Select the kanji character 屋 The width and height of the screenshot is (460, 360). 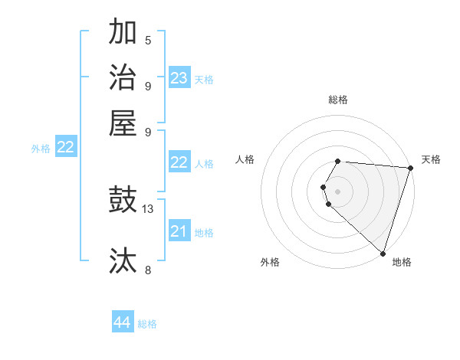click(123, 122)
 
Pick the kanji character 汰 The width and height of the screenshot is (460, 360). click(123, 260)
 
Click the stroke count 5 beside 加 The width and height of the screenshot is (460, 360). click(148, 40)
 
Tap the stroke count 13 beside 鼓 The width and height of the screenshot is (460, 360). click(148, 208)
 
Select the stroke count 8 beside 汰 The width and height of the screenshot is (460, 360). click(148, 270)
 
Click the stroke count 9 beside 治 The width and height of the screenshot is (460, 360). click(148, 86)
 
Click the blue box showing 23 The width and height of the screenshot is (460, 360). click(179, 77)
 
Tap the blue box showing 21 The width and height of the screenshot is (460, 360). click(179, 231)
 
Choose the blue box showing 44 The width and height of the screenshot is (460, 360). click(123, 322)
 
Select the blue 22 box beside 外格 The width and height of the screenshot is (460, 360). click(65, 147)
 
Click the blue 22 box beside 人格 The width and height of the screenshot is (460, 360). click(179, 162)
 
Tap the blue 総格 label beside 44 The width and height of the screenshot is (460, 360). click(147, 324)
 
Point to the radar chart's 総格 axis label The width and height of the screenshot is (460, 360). click(338, 100)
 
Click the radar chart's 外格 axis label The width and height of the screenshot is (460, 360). click(270, 263)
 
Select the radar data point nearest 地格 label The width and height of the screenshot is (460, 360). click(383, 253)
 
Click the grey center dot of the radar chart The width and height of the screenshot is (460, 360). click(338, 191)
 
